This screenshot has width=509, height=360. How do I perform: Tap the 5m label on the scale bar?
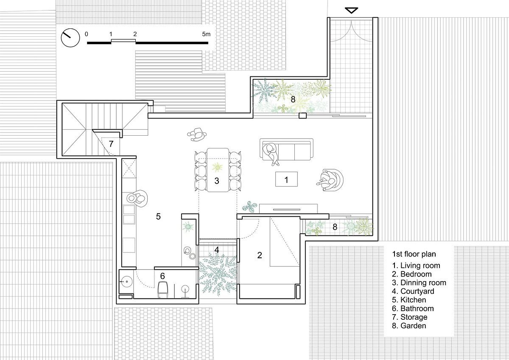[x=206, y=34]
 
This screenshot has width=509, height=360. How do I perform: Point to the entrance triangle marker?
[x=351, y=11]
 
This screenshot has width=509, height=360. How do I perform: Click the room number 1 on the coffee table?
[x=286, y=180]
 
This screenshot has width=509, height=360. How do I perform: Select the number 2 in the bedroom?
[x=260, y=255]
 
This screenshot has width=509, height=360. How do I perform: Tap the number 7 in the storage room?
[x=111, y=144]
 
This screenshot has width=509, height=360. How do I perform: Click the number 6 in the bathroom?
[x=162, y=276]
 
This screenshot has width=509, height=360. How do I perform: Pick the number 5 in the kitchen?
[x=158, y=216]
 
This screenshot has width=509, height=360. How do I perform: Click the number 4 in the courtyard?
[x=217, y=250]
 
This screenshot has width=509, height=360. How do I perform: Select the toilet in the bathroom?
[x=163, y=289]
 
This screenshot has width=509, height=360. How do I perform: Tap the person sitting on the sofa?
[x=271, y=153]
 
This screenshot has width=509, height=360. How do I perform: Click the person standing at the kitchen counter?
[x=137, y=198]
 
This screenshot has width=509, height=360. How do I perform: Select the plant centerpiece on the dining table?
[x=218, y=167]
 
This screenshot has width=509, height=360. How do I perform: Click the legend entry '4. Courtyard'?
[x=413, y=291]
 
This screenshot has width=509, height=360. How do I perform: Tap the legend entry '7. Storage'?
[x=409, y=317]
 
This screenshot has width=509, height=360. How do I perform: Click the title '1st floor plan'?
[x=414, y=254]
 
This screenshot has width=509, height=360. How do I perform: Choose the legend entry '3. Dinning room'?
[x=419, y=282]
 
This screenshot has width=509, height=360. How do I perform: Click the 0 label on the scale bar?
[x=87, y=34]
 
